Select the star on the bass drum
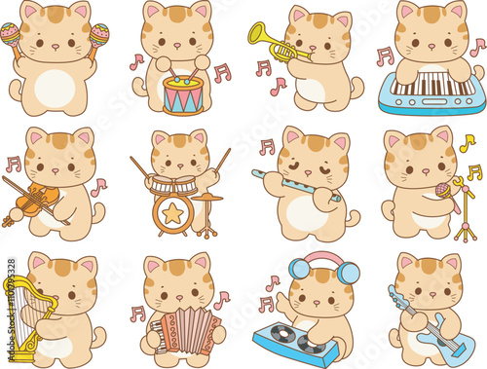click(172, 213)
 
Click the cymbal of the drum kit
click(206, 197)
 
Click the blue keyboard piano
click(431, 91)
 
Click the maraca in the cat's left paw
click(98, 36)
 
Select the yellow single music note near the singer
click(468, 143)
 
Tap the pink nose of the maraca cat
click(56, 47)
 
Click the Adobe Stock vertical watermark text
click(12, 310)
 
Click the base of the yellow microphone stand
click(466, 233)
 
